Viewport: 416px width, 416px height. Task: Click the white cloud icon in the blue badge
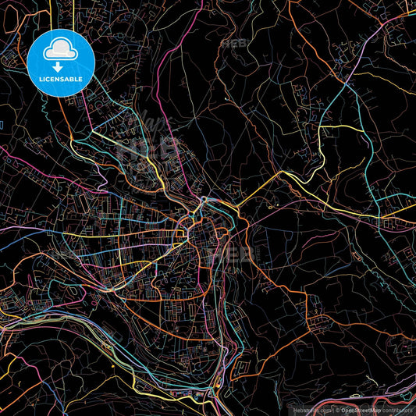click(x=61, y=51)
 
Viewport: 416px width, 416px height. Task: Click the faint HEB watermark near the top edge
click(x=234, y=44)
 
